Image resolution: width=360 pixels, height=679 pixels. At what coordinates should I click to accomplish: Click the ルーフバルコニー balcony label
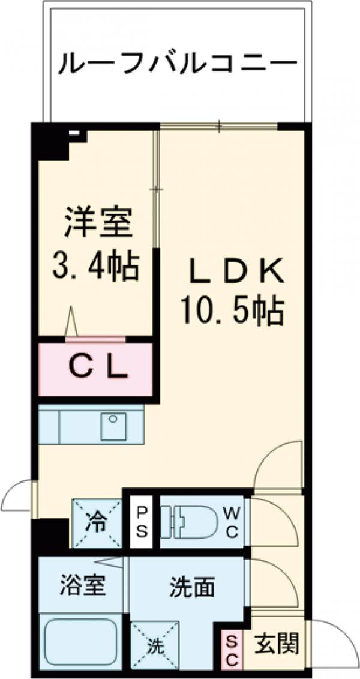[x=178, y=63]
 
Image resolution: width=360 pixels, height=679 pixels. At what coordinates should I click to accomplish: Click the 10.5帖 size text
[x=232, y=311]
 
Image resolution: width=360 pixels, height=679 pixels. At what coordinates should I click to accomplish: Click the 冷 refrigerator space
[x=97, y=522]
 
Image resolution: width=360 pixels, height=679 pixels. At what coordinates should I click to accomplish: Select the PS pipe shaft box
[x=142, y=522]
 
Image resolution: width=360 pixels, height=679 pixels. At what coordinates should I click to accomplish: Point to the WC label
[x=233, y=522]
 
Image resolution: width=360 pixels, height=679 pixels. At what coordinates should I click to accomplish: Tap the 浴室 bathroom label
[x=83, y=585]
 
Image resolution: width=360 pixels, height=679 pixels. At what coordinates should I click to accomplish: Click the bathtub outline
[x=81, y=639]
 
